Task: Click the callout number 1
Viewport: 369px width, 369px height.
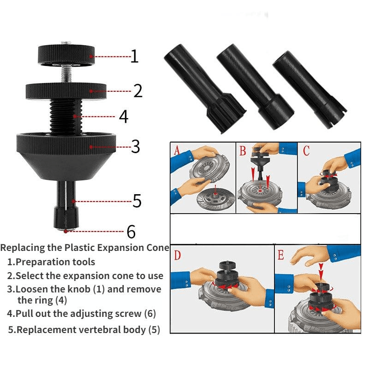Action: (x=134, y=56)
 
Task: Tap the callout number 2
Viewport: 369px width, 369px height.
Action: (x=138, y=91)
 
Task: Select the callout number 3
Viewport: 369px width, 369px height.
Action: (x=135, y=147)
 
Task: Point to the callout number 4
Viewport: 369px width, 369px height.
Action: (x=123, y=117)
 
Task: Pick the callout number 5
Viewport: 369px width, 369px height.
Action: (x=137, y=201)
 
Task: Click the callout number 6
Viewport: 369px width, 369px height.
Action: (x=132, y=231)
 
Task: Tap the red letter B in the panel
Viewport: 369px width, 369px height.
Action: (x=242, y=149)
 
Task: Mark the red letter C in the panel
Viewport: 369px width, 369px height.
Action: (x=306, y=150)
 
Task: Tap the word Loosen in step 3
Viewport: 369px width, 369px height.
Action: (x=33, y=289)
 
